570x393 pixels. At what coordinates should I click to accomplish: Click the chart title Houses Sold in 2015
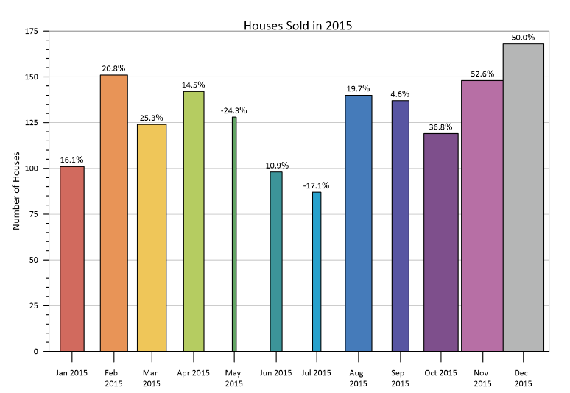click(x=298, y=26)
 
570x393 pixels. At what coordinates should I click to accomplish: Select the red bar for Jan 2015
click(x=71, y=258)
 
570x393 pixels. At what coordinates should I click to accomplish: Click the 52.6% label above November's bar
click(x=482, y=74)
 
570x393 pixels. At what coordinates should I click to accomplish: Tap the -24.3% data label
click(x=233, y=110)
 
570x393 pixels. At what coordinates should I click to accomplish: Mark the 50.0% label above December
click(x=524, y=37)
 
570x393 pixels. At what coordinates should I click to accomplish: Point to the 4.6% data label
click(x=400, y=94)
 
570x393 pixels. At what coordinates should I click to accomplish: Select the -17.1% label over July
click(x=316, y=185)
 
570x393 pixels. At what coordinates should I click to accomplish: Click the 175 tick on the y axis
click(x=31, y=32)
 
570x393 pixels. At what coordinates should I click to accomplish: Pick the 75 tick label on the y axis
click(x=33, y=214)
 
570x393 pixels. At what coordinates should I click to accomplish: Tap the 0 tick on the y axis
click(x=35, y=352)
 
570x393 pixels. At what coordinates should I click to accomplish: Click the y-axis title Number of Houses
click(x=16, y=191)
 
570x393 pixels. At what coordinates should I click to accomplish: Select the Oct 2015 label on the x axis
click(x=441, y=373)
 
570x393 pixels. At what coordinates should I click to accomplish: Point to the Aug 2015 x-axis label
click(x=358, y=378)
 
